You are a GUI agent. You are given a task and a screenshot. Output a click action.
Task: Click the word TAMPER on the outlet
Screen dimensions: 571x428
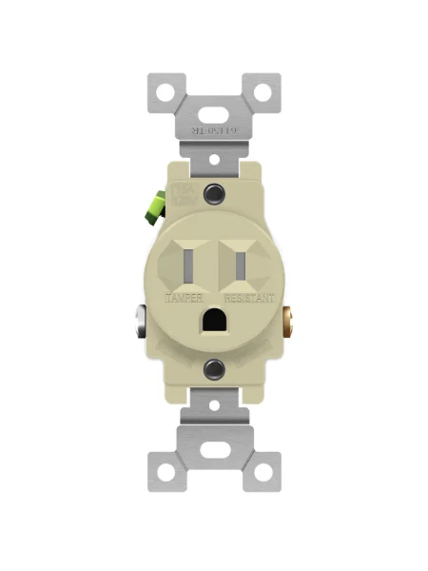(184, 298)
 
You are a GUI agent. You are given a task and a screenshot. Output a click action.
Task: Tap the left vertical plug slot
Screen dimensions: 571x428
(190, 268)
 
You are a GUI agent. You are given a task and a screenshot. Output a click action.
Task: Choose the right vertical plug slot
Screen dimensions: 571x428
(239, 268)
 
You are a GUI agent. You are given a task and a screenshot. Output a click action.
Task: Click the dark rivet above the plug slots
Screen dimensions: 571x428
(215, 194)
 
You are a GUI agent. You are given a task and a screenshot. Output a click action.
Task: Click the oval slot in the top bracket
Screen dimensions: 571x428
(214, 102)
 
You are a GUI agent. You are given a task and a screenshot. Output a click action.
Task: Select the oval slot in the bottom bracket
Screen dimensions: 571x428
(214, 461)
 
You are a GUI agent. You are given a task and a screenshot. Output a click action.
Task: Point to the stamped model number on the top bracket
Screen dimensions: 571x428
(213, 133)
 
